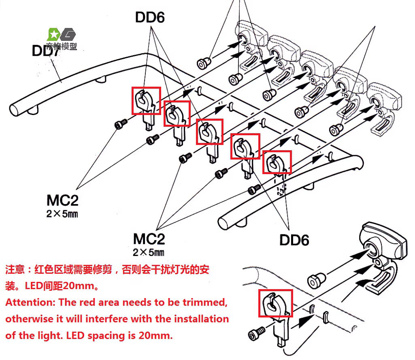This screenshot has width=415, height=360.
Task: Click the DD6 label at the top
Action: pyautogui.click(x=150, y=17)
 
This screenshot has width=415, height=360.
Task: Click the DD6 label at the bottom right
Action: pyautogui.click(x=294, y=240)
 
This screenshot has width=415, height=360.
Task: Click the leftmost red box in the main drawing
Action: pyautogui.click(x=146, y=100)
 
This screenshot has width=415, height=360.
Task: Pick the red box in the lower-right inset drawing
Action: pyautogui.click(x=275, y=303)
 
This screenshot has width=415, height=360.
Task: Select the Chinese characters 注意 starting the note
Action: pyautogui.click(x=13, y=270)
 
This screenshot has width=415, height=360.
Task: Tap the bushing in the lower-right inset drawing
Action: pyautogui.click(x=316, y=280)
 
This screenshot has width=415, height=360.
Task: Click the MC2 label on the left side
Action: pyautogui.click(x=62, y=200)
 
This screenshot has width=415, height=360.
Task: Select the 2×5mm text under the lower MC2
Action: pyautogui.click(x=149, y=253)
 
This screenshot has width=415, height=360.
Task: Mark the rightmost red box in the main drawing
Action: pyautogui.click(x=277, y=162)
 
